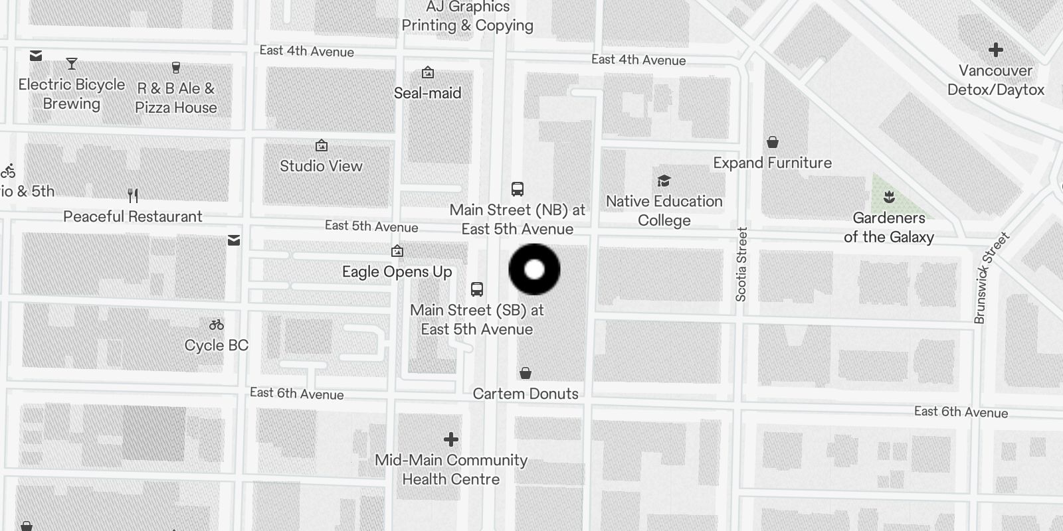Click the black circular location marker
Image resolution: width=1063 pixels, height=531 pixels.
(535, 269)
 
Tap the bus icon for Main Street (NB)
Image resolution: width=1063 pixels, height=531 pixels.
(518, 189)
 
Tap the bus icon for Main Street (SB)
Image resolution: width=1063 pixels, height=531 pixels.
(477, 289)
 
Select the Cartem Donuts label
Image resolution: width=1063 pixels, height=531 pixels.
(526, 394)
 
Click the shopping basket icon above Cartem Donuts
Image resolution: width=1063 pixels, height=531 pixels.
(526, 373)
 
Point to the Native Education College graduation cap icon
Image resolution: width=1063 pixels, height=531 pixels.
(664, 181)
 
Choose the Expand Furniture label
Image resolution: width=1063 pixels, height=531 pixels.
(772, 163)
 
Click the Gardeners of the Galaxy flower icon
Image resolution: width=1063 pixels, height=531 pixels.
(889, 197)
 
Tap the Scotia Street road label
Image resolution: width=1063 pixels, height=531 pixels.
(742, 264)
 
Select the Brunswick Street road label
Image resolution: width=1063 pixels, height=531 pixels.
(991, 277)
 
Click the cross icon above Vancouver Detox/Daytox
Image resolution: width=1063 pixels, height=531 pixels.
(995, 50)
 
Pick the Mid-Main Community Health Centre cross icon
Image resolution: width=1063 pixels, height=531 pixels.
(451, 439)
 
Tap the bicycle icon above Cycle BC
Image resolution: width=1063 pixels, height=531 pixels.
(217, 325)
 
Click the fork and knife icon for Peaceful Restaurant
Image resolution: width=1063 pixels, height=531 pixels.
(133, 196)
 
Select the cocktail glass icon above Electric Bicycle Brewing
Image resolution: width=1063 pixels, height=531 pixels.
(72, 64)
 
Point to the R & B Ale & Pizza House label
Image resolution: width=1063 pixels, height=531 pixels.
(176, 98)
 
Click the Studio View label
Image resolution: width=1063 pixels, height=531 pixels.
(321, 166)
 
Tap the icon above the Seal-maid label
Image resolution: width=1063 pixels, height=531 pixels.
(428, 72)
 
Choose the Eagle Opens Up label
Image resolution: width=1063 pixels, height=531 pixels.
(397, 271)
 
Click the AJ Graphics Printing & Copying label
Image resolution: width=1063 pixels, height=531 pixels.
(468, 17)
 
